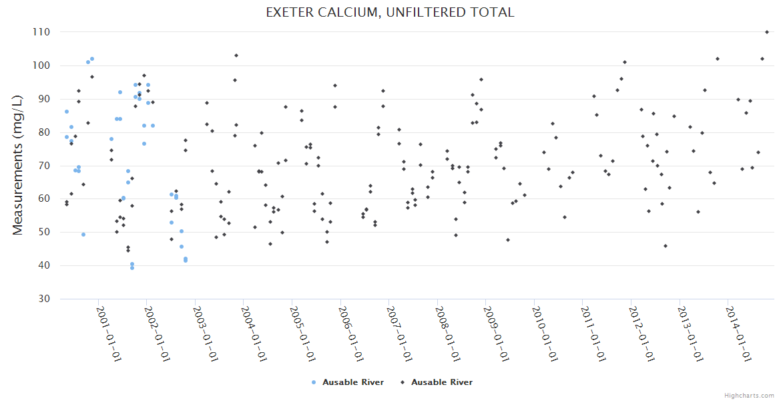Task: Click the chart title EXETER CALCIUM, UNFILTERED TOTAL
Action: click(390, 13)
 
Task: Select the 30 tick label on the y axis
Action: click(44, 299)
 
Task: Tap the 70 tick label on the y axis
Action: click(44, 166)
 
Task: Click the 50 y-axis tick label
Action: click(44, 233)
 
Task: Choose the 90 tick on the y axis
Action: click(44, 99)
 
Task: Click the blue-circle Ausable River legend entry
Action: click(348, 382)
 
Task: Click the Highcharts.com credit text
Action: click(749, 395)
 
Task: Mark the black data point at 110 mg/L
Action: click(767, 32)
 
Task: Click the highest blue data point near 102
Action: click(92, 59)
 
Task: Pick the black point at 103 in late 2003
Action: click(236, 55)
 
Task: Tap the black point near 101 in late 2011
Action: click(625, 62)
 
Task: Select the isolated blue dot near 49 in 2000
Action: click(83, 235)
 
